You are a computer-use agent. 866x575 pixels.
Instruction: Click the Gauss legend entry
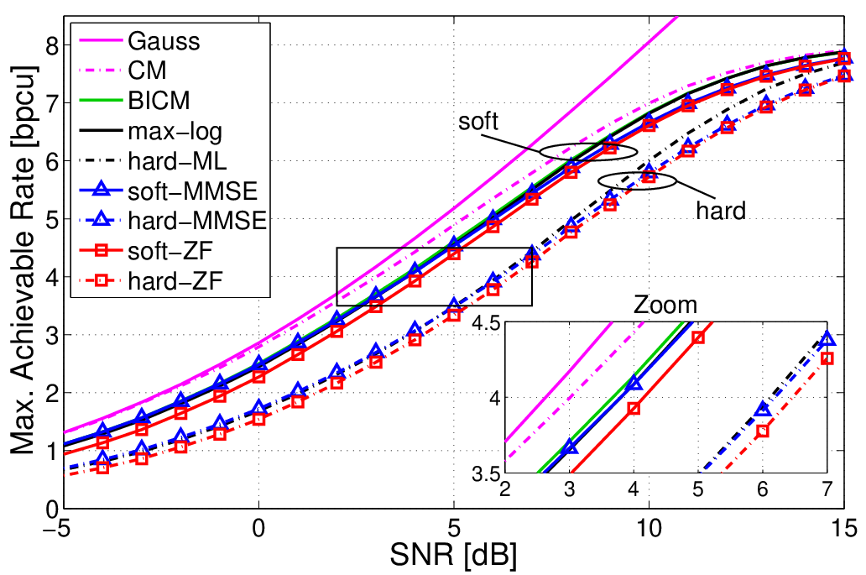(x=139, y=41)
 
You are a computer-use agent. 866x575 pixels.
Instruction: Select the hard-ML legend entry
(x=153, y=161)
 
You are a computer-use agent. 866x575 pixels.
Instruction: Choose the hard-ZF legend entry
(x=150, y=281)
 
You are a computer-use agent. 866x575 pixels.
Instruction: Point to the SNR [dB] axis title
(x=453, y=555)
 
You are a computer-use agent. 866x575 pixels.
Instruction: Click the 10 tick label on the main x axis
(x=649, y=529)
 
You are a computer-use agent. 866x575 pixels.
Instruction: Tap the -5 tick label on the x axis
(x=61, y=529)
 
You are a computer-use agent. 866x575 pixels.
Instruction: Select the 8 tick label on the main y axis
(x=52, y=45)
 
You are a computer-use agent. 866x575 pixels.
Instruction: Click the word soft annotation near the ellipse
(x=478, y=121)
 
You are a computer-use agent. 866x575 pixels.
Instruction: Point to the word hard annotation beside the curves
(x=721, y=211)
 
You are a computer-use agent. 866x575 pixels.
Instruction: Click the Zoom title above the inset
(x=665, y=305)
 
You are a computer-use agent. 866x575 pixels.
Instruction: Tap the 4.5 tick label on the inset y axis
(x=486, y=321)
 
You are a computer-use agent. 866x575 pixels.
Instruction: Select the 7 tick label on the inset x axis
(x=827, y=489)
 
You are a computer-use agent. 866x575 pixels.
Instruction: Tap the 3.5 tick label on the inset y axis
(x=486, y=474)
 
